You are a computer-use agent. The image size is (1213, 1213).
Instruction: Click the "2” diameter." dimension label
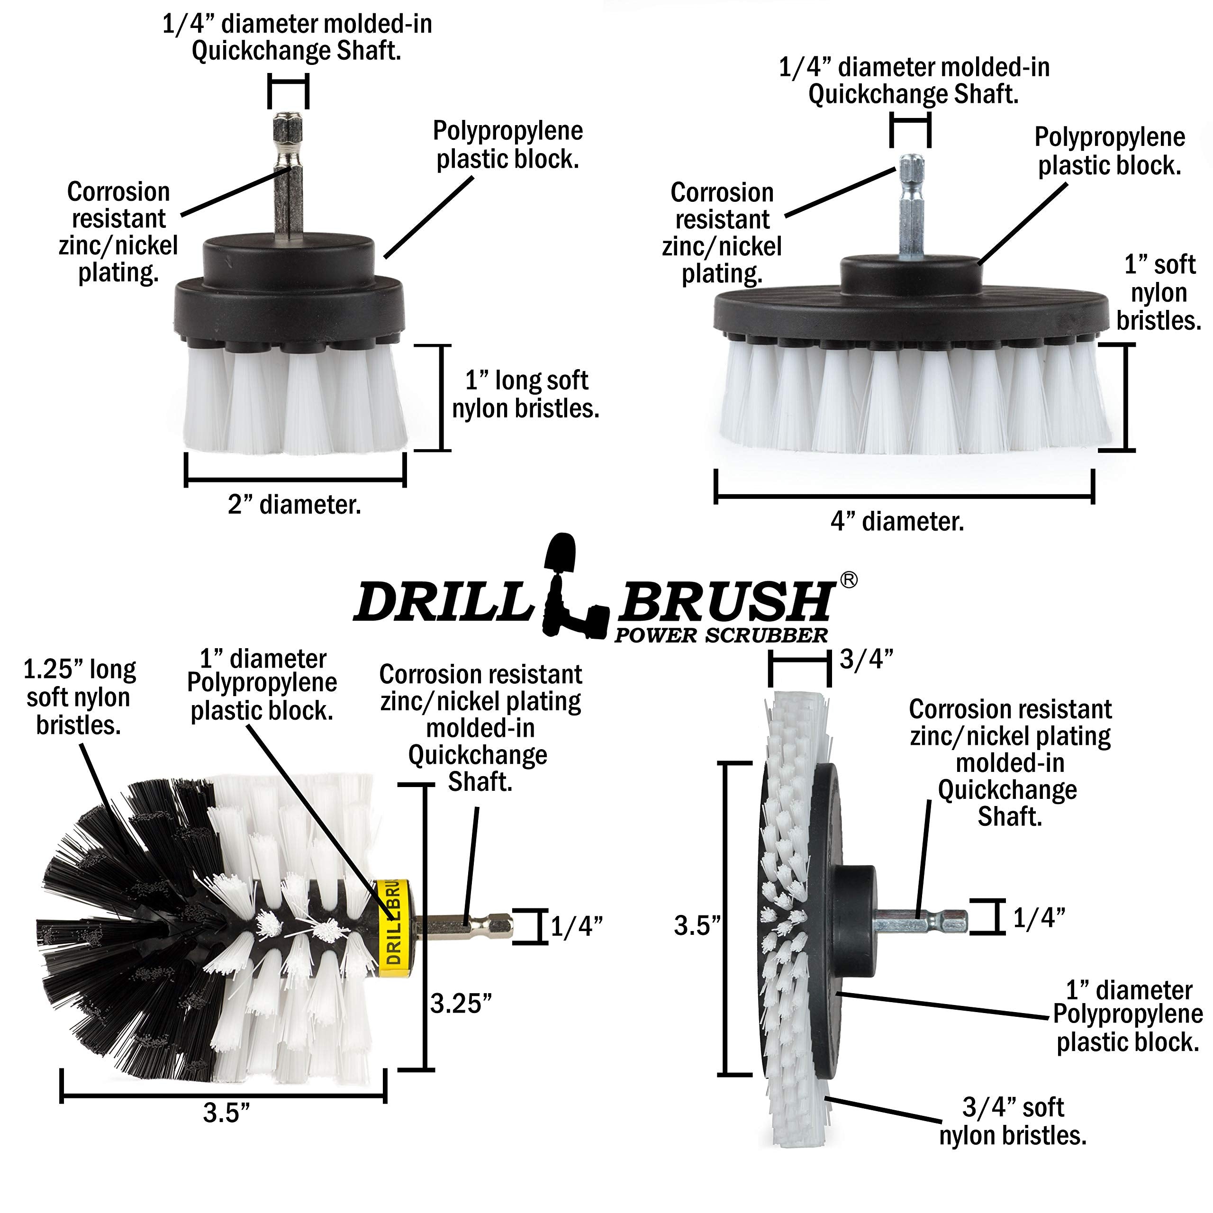(x=294, y=505)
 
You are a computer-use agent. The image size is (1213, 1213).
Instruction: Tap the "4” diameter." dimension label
(x=896, y=522)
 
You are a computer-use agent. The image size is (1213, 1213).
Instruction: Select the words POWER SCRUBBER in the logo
(x=721, y=635)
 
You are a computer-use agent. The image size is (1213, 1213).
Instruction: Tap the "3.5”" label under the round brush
(x=226, y=1113)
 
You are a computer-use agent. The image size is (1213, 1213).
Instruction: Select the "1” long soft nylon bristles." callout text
(x=525, y=394)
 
